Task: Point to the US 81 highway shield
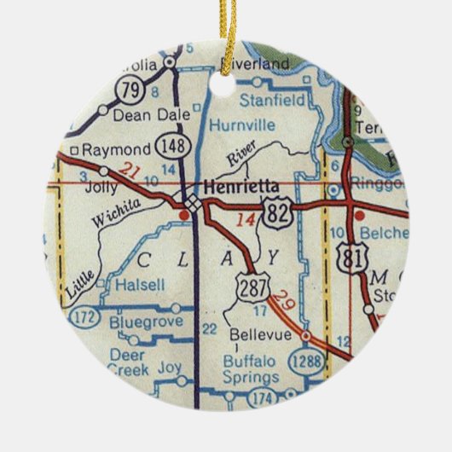350,257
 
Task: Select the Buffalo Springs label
258,368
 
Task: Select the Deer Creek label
127,361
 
